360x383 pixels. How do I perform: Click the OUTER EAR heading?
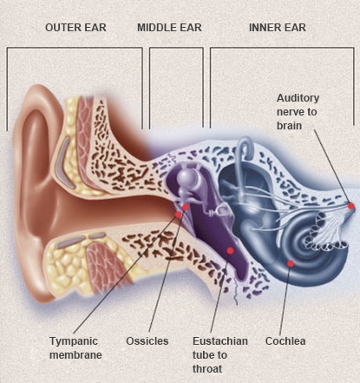click(x=75, y=28)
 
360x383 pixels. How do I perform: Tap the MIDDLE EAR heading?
click(x=169, y=28)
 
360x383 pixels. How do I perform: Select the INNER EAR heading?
click(x=278, y=28)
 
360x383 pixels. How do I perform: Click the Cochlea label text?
click(x=285, y=341)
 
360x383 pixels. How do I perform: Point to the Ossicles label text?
click(x=147, y=341)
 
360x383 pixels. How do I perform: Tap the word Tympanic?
click(x=74, y=341)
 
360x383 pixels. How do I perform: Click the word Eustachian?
click(x=220, y=341)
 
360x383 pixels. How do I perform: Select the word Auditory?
click(x=298, y=98)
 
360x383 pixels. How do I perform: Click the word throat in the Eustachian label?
click(x=207, y=369)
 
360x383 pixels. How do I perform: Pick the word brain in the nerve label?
click(x=289, y=126)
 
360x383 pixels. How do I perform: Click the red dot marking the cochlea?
click(x=291, y=263)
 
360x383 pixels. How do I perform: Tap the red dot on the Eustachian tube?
click(x=230, y=250)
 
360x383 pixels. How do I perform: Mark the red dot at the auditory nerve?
click(x=351, y=206)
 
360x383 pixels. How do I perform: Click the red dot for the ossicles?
click(x=186, y=207)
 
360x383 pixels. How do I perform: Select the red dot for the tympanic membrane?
click(x=179, y=215)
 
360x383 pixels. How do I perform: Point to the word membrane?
click(x=75, y=355)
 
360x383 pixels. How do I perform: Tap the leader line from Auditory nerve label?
click(x=332, y=167)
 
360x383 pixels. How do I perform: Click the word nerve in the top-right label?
click(x=297, y=112)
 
